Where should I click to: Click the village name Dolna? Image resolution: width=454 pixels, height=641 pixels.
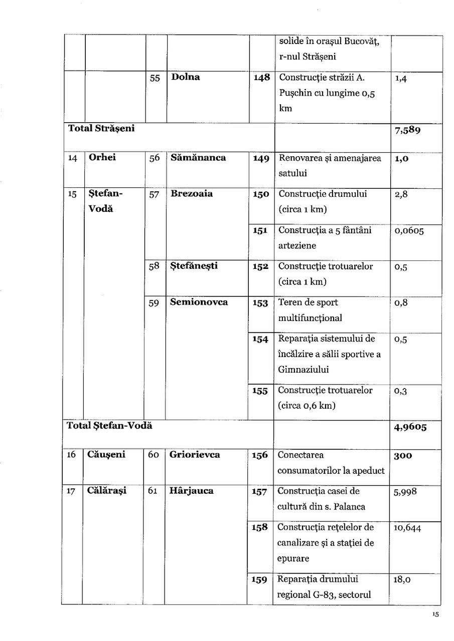(x=185, y=77)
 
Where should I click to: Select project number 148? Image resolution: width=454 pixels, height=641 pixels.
(x=262, y=78)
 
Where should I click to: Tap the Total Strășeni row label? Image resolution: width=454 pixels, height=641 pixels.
(x=101, y=128)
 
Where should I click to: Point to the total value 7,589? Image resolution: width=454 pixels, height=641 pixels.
(x=407, y=131)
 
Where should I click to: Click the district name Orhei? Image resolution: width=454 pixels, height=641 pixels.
(x=102, y=158)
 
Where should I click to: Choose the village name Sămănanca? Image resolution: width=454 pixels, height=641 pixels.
(x=198, y=158)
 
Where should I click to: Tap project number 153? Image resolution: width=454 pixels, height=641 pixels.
(x=260, y=303)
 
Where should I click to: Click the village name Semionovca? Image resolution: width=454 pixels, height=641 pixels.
(x=199, y=302)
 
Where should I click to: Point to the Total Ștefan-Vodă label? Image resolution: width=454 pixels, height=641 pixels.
(x=109, y=426)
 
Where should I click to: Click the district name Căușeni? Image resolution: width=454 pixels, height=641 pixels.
(x=106, y=455)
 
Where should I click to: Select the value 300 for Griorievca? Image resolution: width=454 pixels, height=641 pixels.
(x=403, y=456)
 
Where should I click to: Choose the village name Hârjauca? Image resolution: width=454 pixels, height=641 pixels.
(x=191, y=491)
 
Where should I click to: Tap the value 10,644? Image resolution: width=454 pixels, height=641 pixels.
(x=407, y=528)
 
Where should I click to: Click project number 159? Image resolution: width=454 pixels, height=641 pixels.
(x=259, y=580)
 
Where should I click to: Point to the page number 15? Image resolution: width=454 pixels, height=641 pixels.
(x=435, y=615)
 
